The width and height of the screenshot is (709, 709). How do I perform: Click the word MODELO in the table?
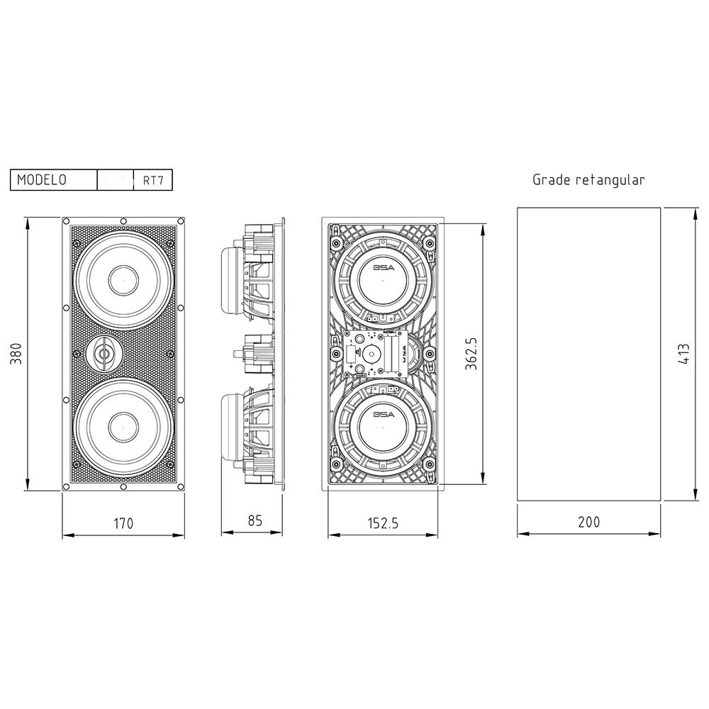[42, 180]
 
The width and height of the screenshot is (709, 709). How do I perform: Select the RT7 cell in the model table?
[152, 180]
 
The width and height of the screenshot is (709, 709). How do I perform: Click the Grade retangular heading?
[588, 180]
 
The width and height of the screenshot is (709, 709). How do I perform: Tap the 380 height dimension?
[16, 354]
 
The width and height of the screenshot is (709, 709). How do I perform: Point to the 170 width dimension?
[123, 524]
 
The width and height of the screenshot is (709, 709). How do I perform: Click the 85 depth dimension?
[255, 520]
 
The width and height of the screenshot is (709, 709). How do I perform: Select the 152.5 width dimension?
[384, 524]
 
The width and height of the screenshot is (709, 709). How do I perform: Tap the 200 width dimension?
[588, 523]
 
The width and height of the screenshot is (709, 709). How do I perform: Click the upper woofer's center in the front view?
[123, 281]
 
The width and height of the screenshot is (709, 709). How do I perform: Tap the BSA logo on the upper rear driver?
[384, 267]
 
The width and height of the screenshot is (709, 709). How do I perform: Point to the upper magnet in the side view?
[234, 280]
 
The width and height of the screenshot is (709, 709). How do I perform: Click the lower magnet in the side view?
[234, 429]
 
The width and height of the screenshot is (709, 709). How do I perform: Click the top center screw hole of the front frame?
[123, 220]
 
